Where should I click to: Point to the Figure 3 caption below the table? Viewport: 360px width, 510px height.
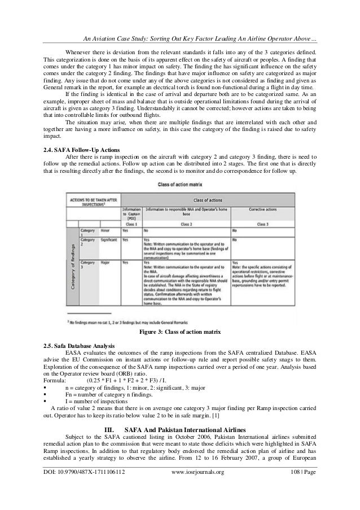click(180, 331)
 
